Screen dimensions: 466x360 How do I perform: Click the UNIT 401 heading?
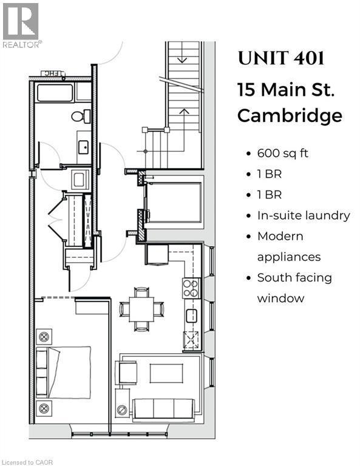coord(280,59)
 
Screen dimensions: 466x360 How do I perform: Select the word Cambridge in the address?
coord(290,115)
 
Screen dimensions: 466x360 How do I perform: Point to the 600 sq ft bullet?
coord(282,153)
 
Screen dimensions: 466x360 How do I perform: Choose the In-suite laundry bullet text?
coord(303,215)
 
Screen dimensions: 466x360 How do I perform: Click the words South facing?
coord(294,278)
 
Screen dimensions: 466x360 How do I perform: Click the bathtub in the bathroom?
coord(55,93)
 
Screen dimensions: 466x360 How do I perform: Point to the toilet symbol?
coord(81,116)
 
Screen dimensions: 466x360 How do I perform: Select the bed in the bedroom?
coord(64,371)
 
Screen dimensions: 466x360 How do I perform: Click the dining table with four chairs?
coord(141,309)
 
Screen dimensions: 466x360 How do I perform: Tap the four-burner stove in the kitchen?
coord(191,288)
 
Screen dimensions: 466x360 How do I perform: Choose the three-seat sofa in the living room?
coord(163,408)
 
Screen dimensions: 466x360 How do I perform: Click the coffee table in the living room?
coord(166,373)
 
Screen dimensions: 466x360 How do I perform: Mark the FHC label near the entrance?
coord(49,73)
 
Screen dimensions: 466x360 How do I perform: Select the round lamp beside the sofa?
coord(122,410)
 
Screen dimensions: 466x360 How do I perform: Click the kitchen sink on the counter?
coord(191,316)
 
